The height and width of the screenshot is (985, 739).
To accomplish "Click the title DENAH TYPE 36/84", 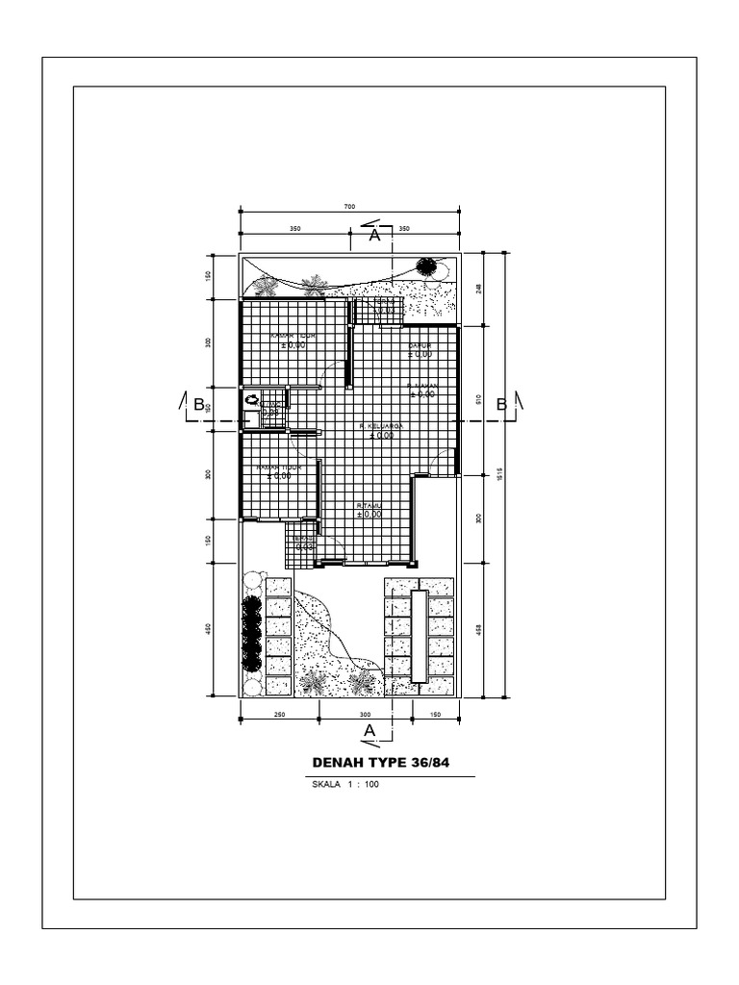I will [x=381, y=763].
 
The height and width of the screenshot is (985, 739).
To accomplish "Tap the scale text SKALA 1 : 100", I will [x=346, y=785].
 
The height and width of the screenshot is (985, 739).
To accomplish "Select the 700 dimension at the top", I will [x=349, y=207].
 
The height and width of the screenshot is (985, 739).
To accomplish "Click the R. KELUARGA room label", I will [x=380, y=425].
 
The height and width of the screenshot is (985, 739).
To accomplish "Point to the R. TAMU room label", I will [x=369, y=505].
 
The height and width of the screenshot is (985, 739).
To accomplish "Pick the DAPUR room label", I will [x=420, y=345].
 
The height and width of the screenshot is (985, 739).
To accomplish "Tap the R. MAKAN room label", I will [x=421, y=385].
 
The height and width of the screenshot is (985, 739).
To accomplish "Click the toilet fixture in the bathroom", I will [x=252, y=399].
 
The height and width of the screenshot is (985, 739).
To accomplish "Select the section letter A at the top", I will [x=374, y=234].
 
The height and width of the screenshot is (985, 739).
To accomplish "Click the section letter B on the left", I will [x=199, y=405].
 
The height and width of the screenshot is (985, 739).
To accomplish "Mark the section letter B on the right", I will [x=501, y=405].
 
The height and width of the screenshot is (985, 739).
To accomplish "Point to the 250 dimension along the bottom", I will [x=279, y=715].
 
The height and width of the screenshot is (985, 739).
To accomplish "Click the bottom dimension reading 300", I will [x=365, y=715].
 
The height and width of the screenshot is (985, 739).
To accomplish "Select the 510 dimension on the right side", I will [x=478, y=398].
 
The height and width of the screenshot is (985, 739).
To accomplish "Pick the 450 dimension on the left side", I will [x=208, y=630].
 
